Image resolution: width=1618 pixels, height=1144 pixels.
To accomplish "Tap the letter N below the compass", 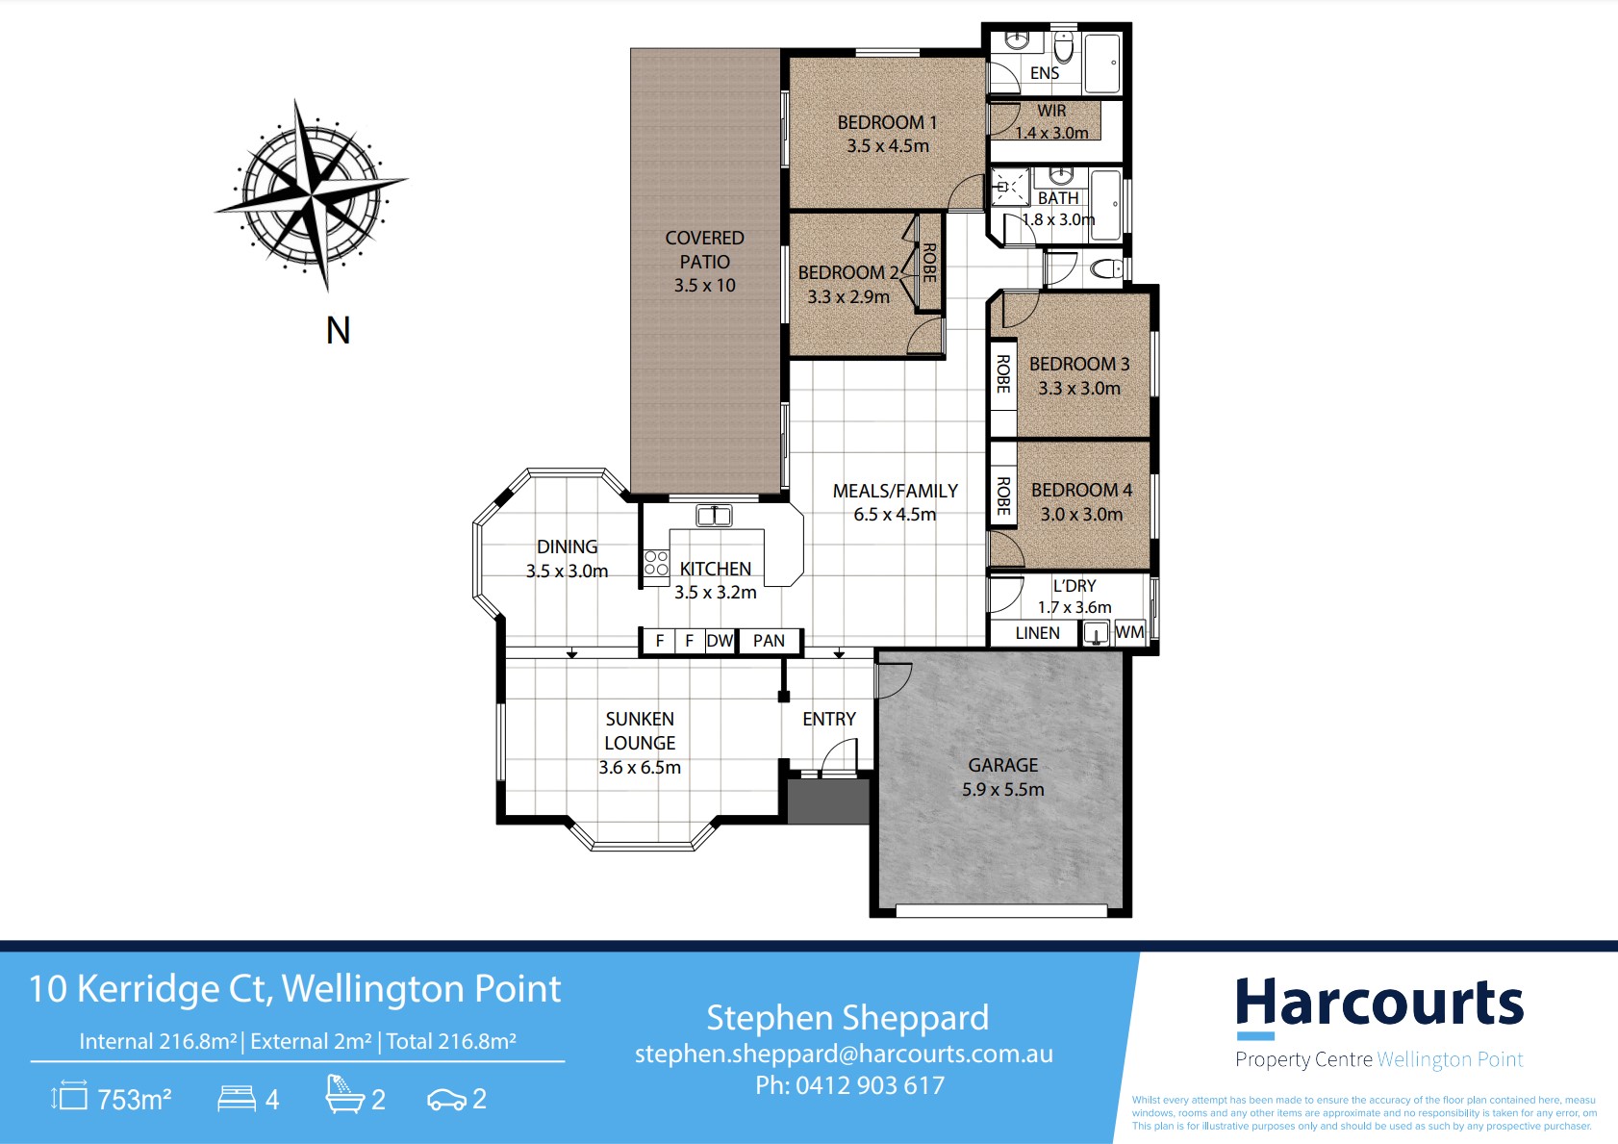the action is coord(338,331).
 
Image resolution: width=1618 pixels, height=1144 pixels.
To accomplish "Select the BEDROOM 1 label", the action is coord(887,123).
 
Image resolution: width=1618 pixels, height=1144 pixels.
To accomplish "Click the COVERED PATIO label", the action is coord(704,249).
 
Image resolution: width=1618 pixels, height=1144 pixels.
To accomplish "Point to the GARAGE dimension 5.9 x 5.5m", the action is coord(1002,789).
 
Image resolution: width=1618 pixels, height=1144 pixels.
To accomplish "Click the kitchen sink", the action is coord(714,516).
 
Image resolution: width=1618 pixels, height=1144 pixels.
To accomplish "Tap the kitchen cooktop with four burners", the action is coord(656,564).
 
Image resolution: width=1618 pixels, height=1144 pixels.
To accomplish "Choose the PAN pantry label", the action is coord(769,641).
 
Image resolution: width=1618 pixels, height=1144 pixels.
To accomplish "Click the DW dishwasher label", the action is coord(720,641).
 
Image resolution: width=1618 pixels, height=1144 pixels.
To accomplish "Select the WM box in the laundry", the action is coord(1129,632).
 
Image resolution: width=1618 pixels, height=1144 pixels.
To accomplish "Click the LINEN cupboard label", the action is coord(1037,633).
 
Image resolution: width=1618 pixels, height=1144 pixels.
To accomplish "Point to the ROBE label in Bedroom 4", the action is coord(1003,496).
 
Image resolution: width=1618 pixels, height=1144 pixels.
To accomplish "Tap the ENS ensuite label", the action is coord(1045,73).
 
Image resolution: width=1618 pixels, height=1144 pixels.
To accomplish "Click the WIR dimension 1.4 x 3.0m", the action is coord(1051,133).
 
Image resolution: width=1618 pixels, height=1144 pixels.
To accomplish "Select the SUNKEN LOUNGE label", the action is coord(640,730).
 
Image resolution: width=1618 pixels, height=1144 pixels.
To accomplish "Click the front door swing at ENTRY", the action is coord(838,755).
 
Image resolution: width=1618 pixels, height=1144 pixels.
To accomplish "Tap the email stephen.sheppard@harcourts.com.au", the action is coord(844,1054).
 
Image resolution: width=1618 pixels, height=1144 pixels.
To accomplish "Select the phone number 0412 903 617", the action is coord(871,1085).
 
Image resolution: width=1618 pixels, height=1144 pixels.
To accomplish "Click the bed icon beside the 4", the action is coord(237,1098).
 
